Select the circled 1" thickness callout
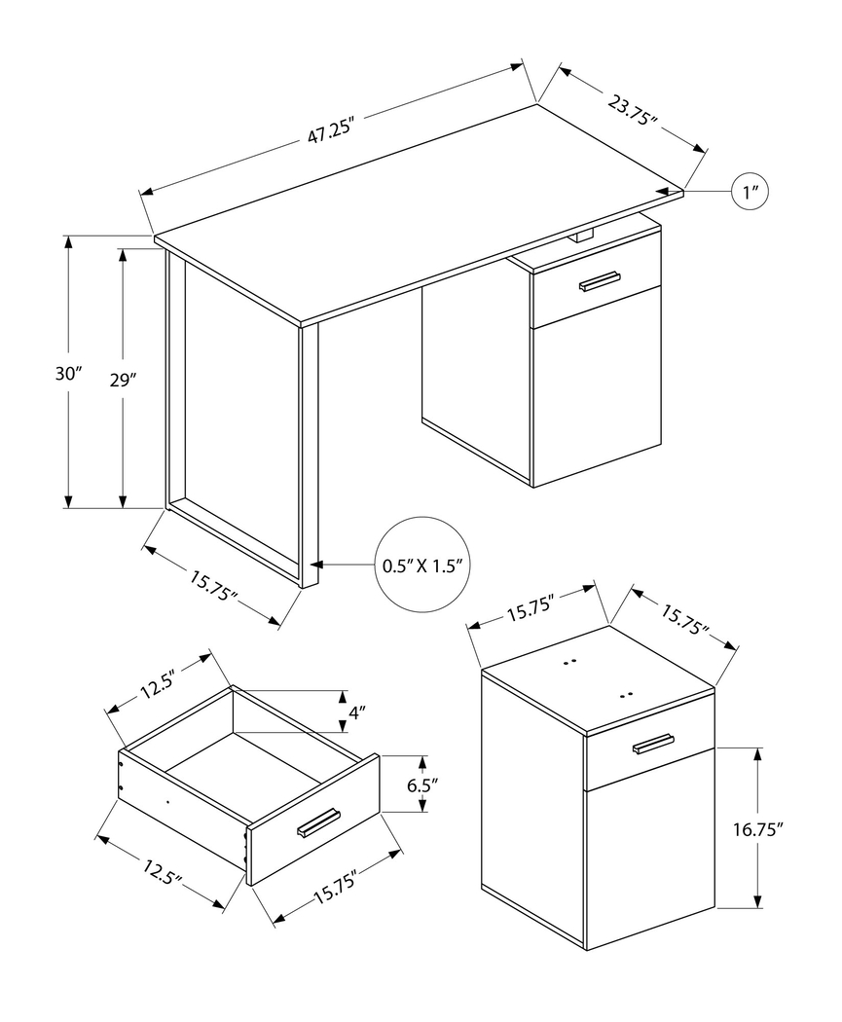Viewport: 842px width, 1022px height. click(750, 193)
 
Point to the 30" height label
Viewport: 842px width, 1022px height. click(69, 373)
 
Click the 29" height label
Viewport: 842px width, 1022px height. click(121, 381)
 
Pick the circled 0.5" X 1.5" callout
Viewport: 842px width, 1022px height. click(419, 565)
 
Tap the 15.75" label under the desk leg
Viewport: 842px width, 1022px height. click(214, 584)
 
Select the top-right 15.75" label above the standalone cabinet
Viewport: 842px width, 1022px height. click(685, 620)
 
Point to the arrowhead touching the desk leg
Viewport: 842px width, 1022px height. click(316, 565)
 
